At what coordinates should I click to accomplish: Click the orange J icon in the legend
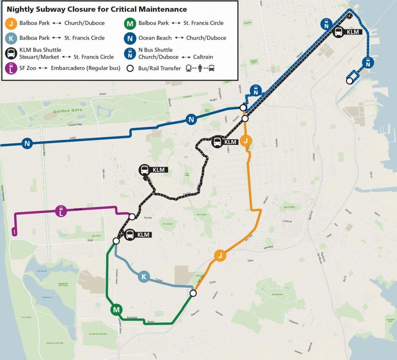coord(12,23)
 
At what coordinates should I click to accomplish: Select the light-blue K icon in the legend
coord(12,38)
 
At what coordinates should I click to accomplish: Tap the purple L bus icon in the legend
coord(12,68)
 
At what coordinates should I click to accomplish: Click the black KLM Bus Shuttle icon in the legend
coord(12,53)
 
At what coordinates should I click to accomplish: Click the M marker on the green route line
coord(116,310)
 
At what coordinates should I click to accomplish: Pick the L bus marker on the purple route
coord(61,211)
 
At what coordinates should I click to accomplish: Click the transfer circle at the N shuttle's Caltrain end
coord(349,81)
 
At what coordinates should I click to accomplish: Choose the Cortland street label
coord(287,221)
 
